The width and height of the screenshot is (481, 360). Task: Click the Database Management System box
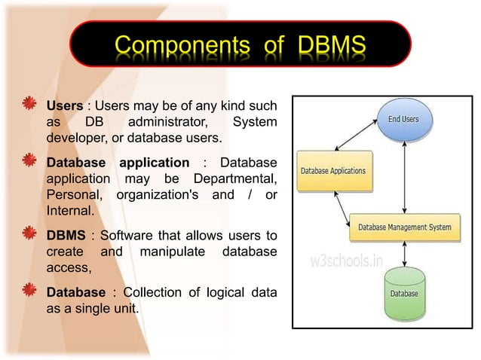(x=405, y=227)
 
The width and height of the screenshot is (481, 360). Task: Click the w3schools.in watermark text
(x=348, y=261)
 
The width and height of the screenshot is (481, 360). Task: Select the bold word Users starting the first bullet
(x=64, y=105)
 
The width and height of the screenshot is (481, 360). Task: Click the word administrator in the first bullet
(x=164, y=122)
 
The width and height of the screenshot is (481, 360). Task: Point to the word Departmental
(x=234, y=179)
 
